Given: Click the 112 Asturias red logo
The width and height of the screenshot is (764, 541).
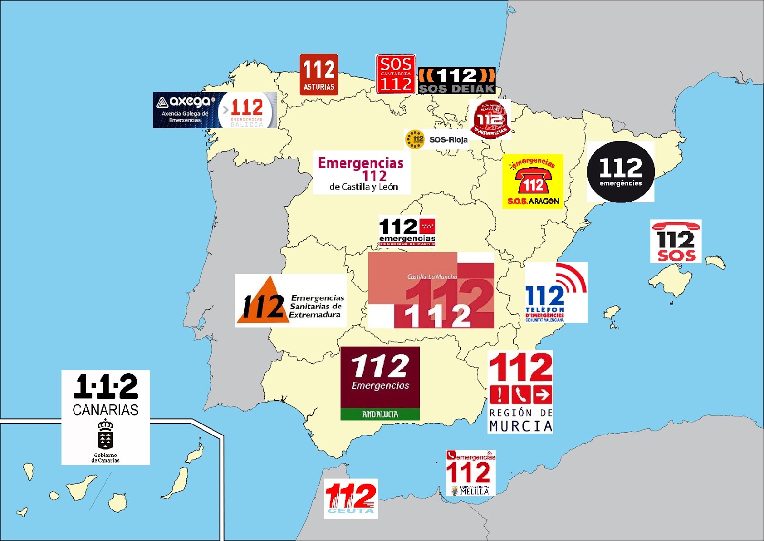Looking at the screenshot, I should pyautogui.click(x=318, y=74).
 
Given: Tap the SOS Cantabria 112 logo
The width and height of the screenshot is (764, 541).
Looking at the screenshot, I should pyautogui.click(x=396, y=74).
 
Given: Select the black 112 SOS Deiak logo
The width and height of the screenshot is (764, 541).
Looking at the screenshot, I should pyautogui.click(x=456, y=81).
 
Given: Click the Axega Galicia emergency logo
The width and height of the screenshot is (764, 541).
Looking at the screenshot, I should pyautogui.click(x=215, y=110).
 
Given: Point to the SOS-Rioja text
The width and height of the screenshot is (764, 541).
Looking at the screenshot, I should pyautogui.click(x=448, y=140).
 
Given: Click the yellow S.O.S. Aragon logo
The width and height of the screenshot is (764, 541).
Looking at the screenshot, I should pyautogui.click(x=533, y=181).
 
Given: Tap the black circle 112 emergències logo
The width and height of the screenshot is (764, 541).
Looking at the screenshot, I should pyautogui.click(x=620, y=172).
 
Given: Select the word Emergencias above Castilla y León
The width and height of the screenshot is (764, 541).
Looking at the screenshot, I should pyautogui.click(x=361, y=163).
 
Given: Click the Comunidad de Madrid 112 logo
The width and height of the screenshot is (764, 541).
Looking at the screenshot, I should pyautogui.click(x=407, y=232).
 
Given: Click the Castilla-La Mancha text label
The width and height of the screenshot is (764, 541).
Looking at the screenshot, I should pyautogui.click(x=432, y=277).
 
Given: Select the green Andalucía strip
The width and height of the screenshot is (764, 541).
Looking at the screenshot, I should pyautogui.click(x=380, y=414).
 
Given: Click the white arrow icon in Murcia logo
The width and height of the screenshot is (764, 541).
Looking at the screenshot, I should pyautogui.click(x=542, y=395).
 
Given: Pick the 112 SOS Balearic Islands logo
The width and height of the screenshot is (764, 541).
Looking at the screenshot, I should pyautogui.click(x=676, y=242).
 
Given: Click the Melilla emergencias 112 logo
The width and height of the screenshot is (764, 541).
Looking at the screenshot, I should pyautogui.click(x=470, y=473).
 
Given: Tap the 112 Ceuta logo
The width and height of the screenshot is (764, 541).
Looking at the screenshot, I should pyautogui.click(x=351, y=499).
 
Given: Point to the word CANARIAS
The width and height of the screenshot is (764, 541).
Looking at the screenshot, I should pyautogui.click(x=106, y=410).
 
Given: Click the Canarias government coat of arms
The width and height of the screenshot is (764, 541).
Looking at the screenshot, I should pyautogui.click(x=105, y=435).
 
